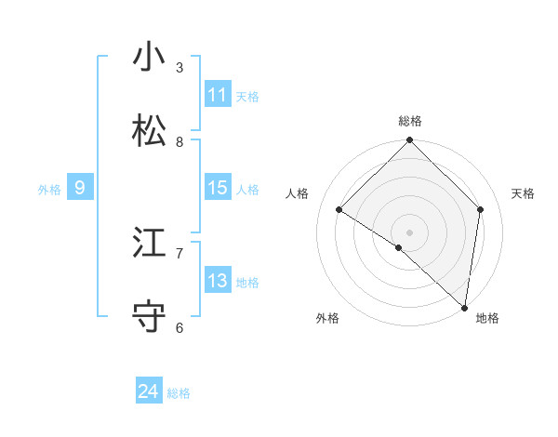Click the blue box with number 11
218,95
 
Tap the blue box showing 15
218,188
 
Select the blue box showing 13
218,281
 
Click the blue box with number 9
80,188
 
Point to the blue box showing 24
149,392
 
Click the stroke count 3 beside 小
179,68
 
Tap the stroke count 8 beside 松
179,142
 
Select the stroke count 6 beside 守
179,327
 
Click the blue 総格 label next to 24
179,393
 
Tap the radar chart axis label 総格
410,121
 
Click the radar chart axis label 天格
523,193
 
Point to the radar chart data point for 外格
398,247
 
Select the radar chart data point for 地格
465,308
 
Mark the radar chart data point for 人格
339,209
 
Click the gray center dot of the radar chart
410,232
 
